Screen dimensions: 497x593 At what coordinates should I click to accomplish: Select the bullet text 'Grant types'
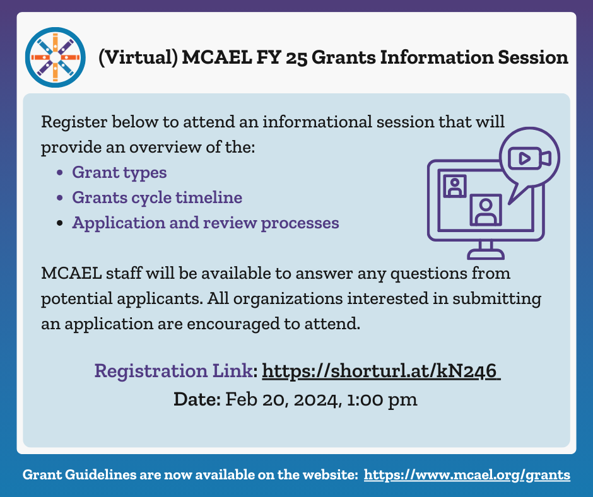point(119,172)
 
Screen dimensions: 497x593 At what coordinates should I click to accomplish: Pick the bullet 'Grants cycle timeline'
point(157,197)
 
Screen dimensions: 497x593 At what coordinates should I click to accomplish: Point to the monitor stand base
point(485,254)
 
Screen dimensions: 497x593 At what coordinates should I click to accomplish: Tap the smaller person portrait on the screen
point(454,186)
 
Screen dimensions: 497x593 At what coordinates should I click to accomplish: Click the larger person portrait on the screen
point(485,209)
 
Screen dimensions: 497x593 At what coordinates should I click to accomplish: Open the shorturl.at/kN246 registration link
point(380,371)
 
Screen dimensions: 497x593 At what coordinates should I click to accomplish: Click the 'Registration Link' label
point(173,371)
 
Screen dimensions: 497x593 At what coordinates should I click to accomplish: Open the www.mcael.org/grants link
point(467,475)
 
